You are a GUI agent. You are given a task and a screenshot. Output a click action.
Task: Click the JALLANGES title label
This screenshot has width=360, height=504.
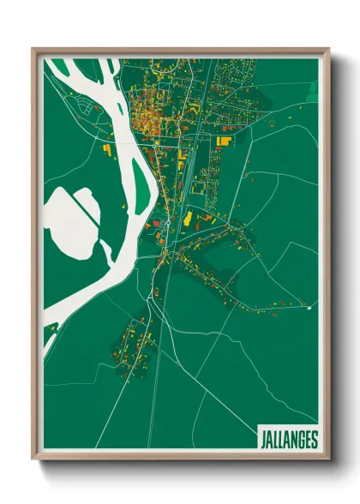click(288, 440)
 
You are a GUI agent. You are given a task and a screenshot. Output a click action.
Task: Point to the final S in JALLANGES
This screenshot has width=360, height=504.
click(314, 440)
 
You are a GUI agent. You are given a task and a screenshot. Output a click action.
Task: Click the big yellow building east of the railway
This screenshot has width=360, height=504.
click(225, 139)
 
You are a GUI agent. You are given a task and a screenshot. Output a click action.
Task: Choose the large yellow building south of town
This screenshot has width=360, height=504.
click(187, 218)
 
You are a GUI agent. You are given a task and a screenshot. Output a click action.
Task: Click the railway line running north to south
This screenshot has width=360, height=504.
click(190, 171)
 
